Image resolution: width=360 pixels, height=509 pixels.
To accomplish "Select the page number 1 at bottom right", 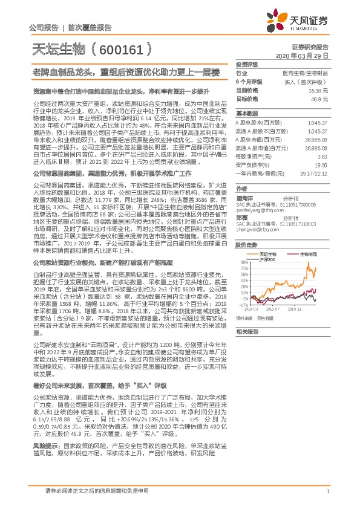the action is tap(327, 493).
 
